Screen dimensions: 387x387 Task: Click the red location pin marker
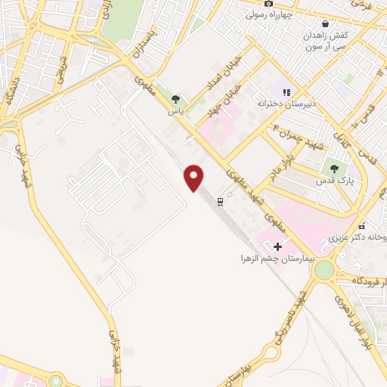click(x=194, y=178)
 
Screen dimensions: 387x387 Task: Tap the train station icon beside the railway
click(x=220, y=201)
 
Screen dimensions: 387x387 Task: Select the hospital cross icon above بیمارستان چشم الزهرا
click(x=277, y=246)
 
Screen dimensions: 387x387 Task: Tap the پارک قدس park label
click(x=333, y=182)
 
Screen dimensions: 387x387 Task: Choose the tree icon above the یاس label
click(x=176, y=99)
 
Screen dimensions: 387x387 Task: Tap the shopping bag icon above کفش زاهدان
click(x=325, y=23)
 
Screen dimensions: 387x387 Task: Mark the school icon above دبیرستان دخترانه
click(x=286, y=91)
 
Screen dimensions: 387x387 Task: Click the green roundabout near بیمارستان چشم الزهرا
click(x=324, y=270)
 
